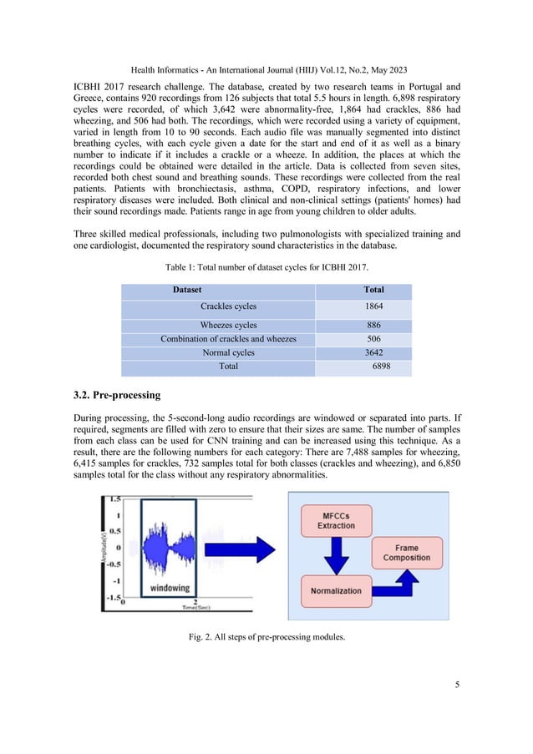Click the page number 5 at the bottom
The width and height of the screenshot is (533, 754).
pos(457,686)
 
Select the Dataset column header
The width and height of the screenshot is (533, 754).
pos(191,290)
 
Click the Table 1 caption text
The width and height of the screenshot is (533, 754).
pos(266,266)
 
